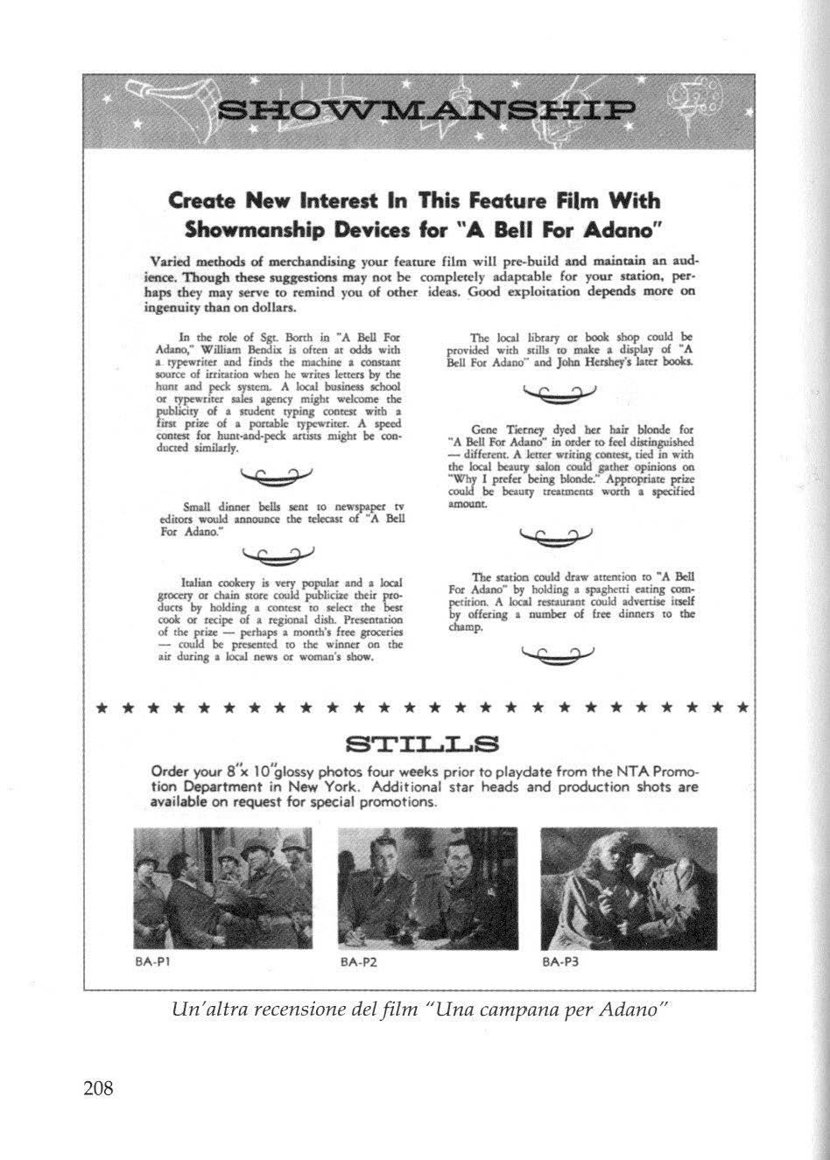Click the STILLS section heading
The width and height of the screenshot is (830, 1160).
[422, 745]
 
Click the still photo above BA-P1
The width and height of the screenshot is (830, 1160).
[222, 888]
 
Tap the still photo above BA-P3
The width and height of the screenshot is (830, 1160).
[629, 888]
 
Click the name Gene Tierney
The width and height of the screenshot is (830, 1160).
[497, 430]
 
